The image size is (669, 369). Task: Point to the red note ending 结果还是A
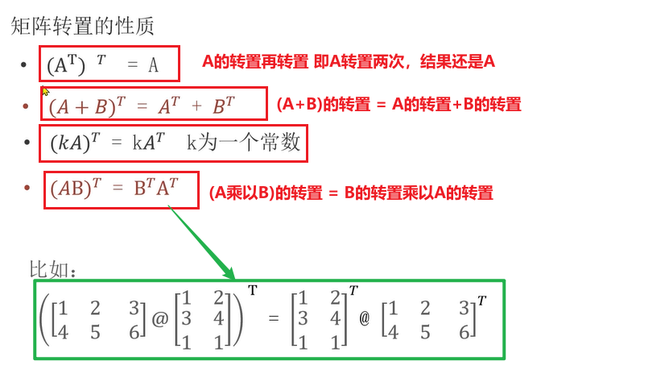(349, 61)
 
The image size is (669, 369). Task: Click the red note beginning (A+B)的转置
(399, 104)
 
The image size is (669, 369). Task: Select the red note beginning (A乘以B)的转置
(350, 193)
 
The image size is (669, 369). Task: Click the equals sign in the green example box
(272, 318)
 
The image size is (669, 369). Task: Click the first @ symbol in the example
(160, 321)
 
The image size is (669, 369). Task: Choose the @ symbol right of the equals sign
(364, 319)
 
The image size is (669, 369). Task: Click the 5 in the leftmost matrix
(96, 330)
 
